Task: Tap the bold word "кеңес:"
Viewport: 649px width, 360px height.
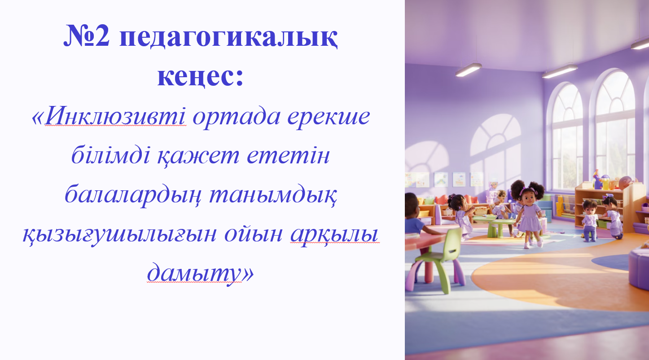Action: (200, 77)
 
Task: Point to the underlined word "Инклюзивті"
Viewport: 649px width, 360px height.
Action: (115, 117)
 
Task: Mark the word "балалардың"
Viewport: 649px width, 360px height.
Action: (133, 196)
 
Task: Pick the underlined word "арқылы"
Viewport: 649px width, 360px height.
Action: (334, 234)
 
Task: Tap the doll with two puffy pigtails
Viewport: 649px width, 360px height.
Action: (530, 211)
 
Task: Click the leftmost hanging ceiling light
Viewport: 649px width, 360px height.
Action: (468, 69)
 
